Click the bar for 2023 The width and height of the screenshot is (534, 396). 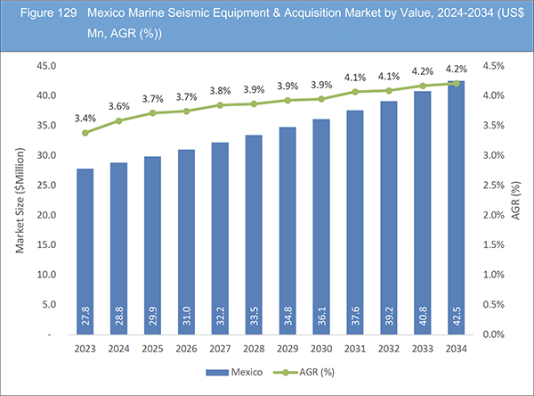85,251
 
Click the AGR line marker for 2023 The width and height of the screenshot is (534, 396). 85,133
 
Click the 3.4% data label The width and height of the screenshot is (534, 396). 85,117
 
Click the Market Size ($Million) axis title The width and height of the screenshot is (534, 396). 20,201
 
